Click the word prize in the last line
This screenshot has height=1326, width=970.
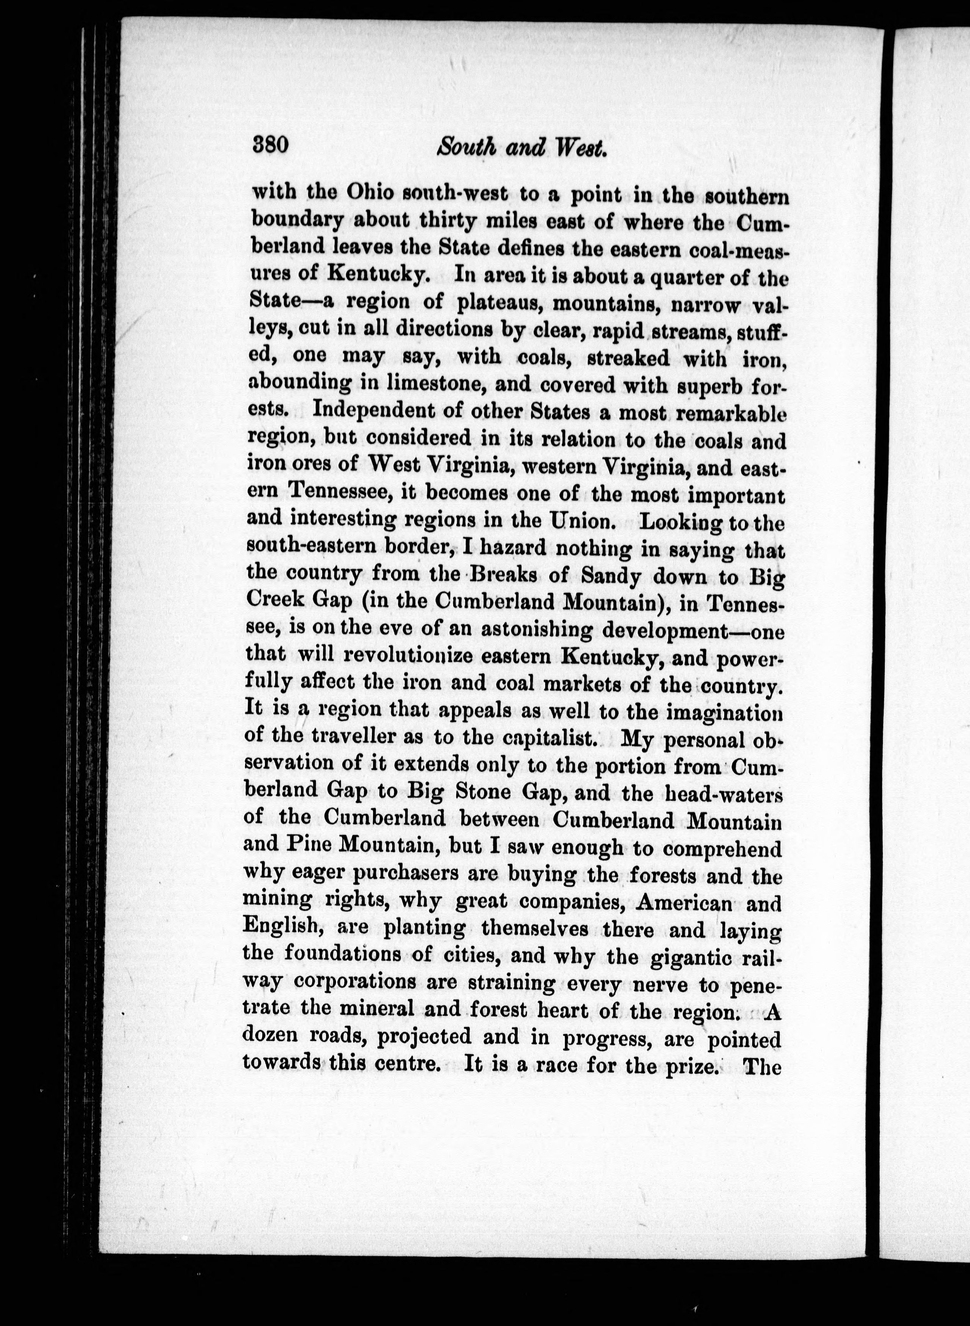click(693, 1065)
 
